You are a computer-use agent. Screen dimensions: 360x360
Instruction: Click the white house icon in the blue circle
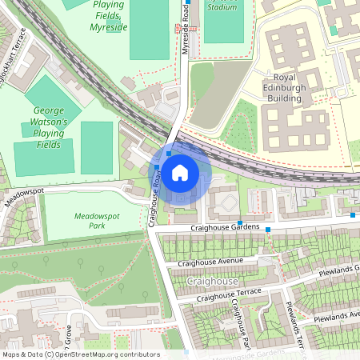(180, 172)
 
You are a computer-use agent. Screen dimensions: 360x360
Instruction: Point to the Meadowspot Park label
(96, 221)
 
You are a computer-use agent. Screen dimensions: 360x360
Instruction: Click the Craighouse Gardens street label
(225, 228)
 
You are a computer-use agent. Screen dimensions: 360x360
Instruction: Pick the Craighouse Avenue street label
(210, 262)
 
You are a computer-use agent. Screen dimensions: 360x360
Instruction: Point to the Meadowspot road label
(22, 194)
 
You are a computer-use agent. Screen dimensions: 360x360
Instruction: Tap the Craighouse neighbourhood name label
(212, 282)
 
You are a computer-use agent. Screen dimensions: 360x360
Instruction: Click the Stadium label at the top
(222, 7)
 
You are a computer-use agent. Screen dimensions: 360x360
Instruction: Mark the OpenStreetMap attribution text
(81, 354)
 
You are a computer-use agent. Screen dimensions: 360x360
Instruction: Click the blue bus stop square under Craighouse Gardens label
(240, 222)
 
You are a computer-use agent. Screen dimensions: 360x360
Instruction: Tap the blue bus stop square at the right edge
(353, 215)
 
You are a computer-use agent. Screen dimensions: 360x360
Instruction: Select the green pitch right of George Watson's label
(97, 147)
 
